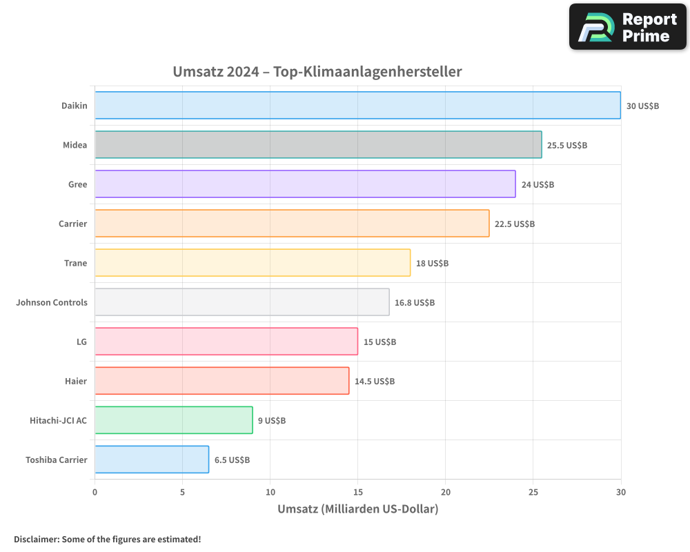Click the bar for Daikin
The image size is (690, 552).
coord(357,106)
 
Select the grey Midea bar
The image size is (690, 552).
coord(318,145)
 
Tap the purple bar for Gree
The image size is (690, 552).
coord(305,184)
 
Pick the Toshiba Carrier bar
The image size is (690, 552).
coord(152,460)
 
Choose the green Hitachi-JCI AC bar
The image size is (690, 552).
coord(174,420)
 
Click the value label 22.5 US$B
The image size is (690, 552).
coord(515,224)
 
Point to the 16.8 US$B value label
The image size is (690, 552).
coord(415,303)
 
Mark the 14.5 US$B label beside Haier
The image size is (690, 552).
coord(375,382)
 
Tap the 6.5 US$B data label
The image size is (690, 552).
coord(232,460)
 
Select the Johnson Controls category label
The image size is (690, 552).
coord(52,302)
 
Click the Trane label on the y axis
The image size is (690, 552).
coord(75,263)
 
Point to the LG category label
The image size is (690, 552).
coord(81,342)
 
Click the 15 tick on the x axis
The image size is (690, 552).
coord(357,493)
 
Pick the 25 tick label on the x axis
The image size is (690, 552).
coord(533,493)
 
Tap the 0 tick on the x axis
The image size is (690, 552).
coord(95,493)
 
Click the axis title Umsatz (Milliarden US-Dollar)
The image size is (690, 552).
coord(357,509)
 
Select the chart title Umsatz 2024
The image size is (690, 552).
coord(317,72)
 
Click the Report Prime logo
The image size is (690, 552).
coord(628,27)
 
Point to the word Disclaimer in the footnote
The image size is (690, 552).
coord(36,539)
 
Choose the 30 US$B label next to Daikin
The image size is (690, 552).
coord(643,106)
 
